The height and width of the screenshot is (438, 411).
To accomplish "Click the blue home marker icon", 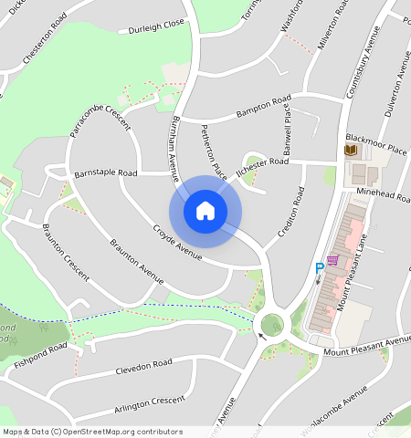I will [205, 212].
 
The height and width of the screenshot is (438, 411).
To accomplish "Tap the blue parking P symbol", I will [320, 268].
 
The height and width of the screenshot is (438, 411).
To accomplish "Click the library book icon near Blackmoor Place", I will [351, 150].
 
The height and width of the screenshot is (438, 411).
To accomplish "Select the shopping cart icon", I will [334, 260].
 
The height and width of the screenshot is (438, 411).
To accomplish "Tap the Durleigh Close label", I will [157, 26].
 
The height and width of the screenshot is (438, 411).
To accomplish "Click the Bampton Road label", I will [263, 106].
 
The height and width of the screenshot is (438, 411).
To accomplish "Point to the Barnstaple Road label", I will [105, 172].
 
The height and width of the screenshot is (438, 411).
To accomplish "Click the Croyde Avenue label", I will [177, 242].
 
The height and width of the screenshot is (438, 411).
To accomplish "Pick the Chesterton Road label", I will [46, 41].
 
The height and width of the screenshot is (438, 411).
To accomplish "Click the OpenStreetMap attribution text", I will [92, 432].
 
